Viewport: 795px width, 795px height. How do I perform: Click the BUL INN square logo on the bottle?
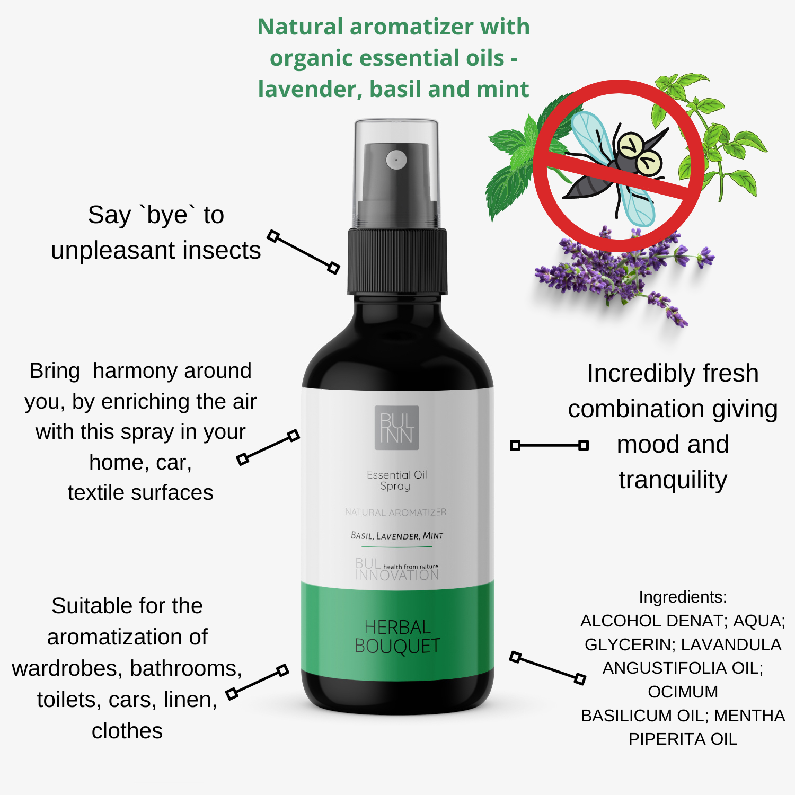(396, 428)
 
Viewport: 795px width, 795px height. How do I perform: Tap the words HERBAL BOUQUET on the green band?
(397, 637)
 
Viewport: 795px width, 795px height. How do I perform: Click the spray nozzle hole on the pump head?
(396, 160)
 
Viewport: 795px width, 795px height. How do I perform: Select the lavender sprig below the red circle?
(625, 276)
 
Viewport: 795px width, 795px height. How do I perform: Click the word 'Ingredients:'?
(683, 597)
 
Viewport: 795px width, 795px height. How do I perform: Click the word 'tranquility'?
(673, 480)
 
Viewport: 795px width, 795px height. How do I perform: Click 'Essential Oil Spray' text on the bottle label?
(396, 481)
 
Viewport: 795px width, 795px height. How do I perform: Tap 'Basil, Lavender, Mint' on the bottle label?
(397, 536)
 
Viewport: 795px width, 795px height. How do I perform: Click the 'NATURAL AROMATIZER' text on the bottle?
(395, 512)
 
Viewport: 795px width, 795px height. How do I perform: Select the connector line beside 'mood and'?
(549, 445)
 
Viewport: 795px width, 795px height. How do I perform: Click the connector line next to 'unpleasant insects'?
(303, 252)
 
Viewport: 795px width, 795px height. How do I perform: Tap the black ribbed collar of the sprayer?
(397, 261)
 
